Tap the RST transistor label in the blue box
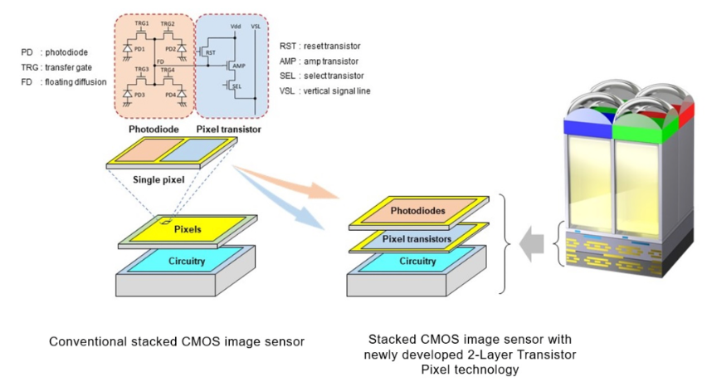tap(211, 52)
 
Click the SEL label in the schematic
tap(236, 86)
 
